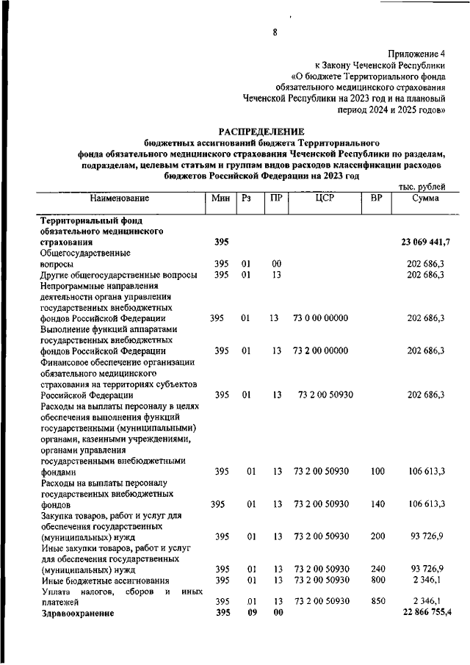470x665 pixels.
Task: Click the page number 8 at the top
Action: click(274, 32)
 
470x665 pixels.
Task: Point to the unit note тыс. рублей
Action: click(421, 187)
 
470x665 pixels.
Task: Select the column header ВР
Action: click(377, 198)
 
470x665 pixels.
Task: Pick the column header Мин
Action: click(220, 198)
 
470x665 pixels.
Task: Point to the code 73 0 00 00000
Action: click(320, 318)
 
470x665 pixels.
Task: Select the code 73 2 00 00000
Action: click(320, 351)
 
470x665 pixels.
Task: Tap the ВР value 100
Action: click(377, 471)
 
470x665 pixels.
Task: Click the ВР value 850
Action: click(377, 602)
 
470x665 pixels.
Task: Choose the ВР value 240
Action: click(377, 569)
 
